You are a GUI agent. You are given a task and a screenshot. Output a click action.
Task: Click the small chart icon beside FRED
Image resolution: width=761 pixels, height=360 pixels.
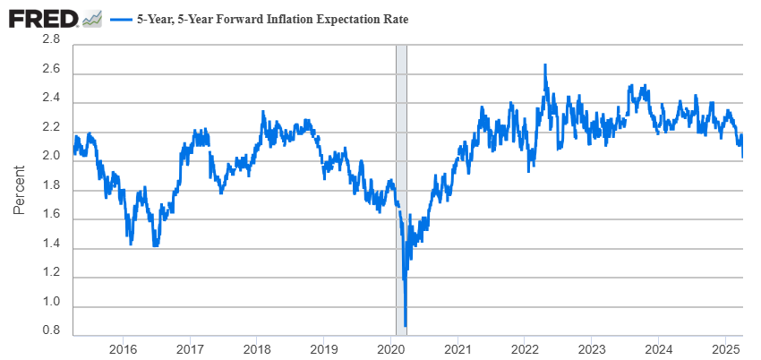tap(91, 19)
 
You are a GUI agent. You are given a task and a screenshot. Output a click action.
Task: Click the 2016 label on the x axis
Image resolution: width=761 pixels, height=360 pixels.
tap(123, 347)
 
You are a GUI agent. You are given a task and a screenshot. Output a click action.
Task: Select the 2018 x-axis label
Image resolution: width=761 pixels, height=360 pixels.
tap(257, 347)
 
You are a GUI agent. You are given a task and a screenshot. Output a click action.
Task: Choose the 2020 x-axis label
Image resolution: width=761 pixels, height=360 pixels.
tap(391, 347)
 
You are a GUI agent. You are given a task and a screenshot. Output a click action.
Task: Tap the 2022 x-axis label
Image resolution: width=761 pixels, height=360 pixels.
tap(525, 347)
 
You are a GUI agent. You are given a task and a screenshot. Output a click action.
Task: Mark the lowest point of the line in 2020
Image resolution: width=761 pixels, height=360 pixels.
tap(406, 326)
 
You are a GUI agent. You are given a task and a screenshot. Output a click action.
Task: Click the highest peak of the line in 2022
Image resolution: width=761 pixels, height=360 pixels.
tap(544, 65)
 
